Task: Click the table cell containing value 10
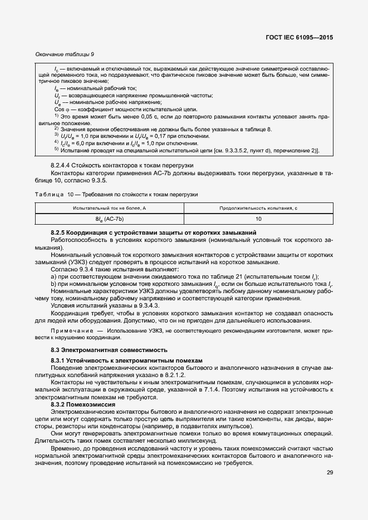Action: (258, 219)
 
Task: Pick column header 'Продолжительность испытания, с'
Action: (258, 207)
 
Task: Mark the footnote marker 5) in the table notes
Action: (56, 149)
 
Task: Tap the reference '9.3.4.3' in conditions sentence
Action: (146, 305)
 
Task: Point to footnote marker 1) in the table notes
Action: (56, 116)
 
